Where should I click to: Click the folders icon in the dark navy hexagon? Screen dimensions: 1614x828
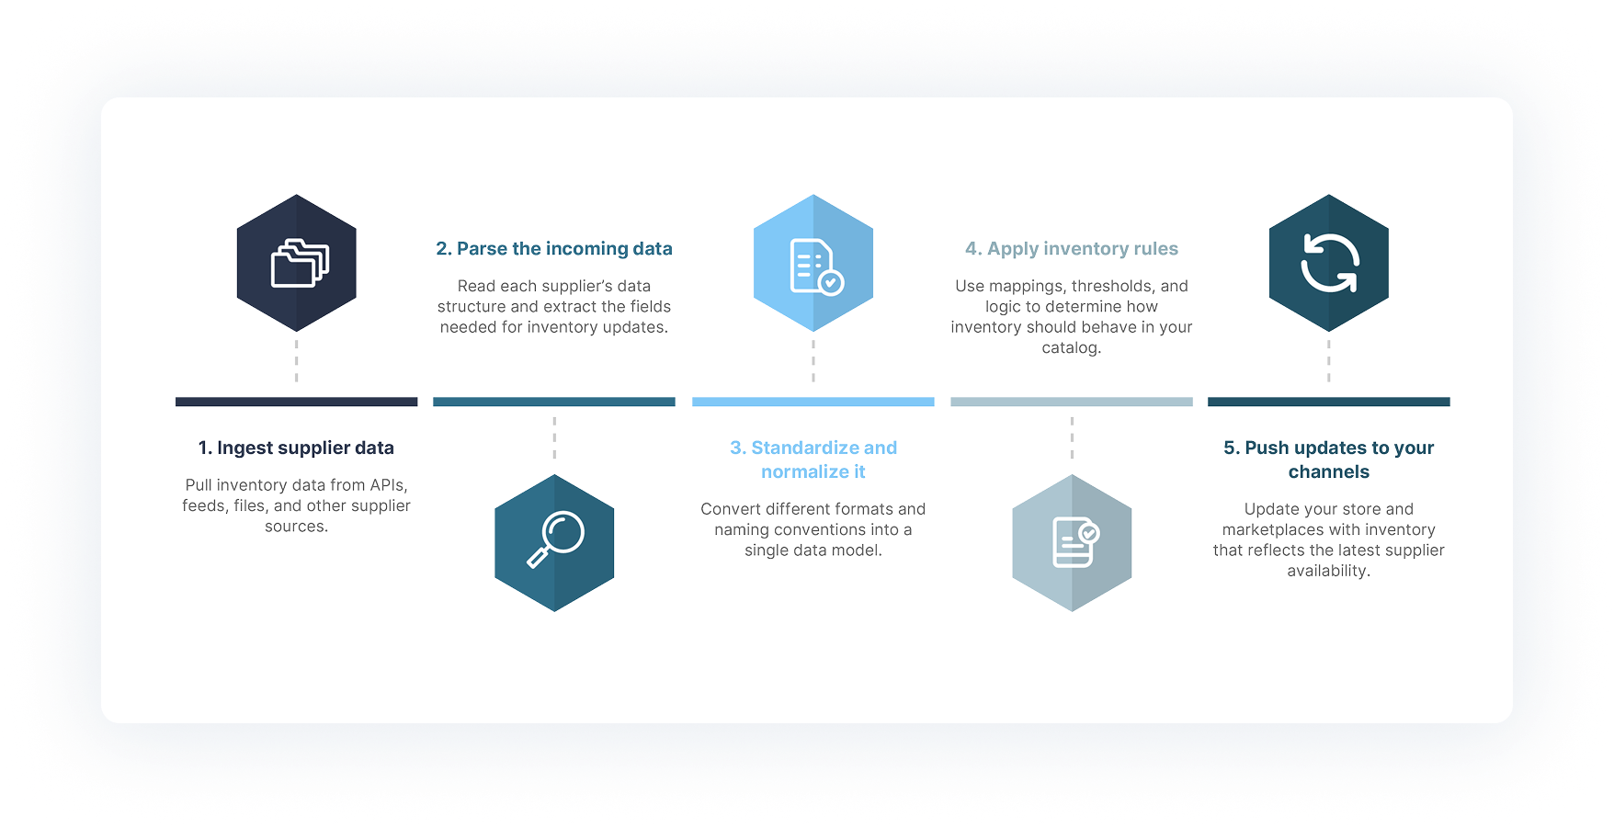click(x=300, y=263)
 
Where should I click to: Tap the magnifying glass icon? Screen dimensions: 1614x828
click(x=555, y=539)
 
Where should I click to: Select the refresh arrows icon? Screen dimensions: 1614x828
click(x=1329, y=263)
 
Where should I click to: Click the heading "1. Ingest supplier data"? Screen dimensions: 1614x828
click(x=296, y=448)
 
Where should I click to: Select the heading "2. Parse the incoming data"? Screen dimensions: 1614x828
click(x=554, y=248)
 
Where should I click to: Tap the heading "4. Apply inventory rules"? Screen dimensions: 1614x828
click(x=1072, y=248)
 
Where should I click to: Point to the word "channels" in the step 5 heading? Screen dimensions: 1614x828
click(x=1329, y=471)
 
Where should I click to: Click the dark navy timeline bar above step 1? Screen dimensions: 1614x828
click(x=297, y=402)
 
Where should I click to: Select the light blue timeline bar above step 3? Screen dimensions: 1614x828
click(x=813, y=402)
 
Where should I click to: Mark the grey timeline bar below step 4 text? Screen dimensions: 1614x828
click(x=1072, y=402)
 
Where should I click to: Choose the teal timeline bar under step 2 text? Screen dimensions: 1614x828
click(x=554, y=402)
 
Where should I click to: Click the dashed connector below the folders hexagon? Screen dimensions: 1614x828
click(x=296, y=361)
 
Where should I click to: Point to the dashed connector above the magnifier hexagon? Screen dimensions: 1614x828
click(x=554, y=438)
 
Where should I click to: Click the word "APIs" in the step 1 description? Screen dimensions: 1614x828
click(x=388, y=485)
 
